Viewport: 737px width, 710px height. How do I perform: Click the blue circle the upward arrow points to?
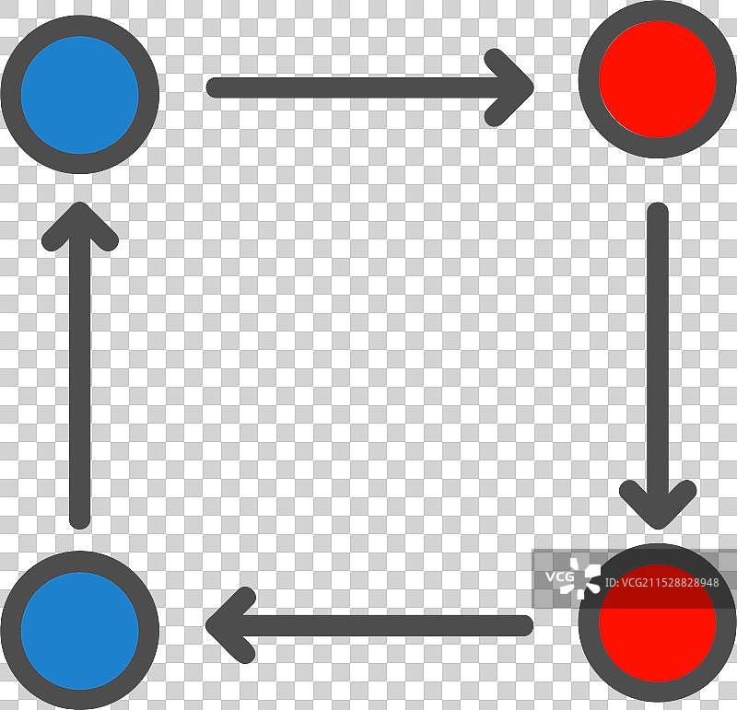(80, 95)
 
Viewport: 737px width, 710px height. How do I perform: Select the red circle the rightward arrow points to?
(658, 79)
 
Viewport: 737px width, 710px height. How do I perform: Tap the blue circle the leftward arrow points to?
(80, 631)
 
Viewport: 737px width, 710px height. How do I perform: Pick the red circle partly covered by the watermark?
(658, 623)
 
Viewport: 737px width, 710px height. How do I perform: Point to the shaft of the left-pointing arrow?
(370, 625)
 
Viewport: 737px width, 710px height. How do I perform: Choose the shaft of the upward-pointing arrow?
(80, 366)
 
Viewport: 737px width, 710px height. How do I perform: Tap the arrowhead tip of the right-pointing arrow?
(533, 87)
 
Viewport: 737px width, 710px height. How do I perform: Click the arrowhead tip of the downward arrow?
(658, 529)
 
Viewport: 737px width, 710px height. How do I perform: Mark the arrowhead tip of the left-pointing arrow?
(206, 625)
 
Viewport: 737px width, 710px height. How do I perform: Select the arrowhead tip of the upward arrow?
(80, 203)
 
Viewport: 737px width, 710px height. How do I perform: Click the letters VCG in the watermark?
(559, 576)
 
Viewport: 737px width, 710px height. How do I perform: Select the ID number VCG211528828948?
(662, 583)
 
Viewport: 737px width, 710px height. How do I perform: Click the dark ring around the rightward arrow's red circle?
(589, 79)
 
